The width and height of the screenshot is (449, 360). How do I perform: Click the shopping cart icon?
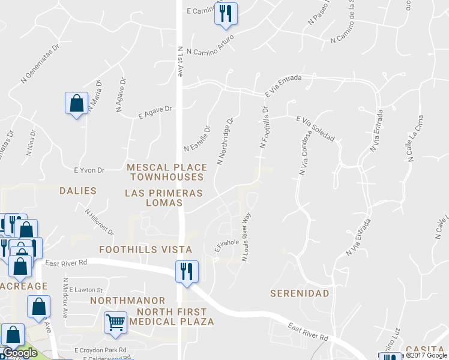[115, 322]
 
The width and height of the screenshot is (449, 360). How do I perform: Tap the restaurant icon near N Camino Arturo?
[226, 14]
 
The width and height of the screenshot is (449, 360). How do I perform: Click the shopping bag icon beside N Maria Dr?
[76, 103]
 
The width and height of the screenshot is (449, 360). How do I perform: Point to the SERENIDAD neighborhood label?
[300, 293]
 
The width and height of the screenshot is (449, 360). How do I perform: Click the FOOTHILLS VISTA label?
[146, 249]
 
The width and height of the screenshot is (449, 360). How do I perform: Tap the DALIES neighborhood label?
[78, 191]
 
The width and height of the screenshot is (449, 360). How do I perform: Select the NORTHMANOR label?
[127, 300]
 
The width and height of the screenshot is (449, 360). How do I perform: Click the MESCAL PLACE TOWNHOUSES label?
[167, 172]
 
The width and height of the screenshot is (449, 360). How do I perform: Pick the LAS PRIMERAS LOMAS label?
[163, 198]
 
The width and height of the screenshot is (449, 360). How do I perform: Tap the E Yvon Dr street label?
[89, 170]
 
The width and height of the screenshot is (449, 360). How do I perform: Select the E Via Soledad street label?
[315, 128]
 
